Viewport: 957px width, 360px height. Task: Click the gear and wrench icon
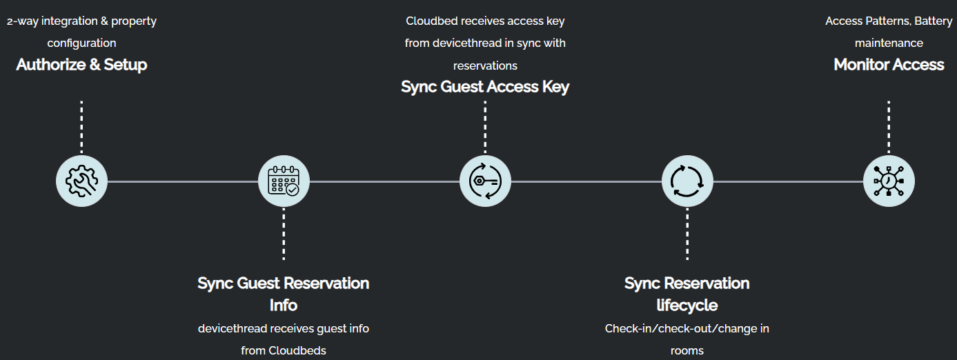tap(81, 181)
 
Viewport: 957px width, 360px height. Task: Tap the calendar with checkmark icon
tap(284, 181)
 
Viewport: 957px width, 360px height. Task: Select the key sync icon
tap(485, 181)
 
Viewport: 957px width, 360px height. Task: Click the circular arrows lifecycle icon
tap(687, 181)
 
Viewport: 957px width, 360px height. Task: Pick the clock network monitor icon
tap(889, 181)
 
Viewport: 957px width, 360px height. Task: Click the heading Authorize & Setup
tap(81, 65)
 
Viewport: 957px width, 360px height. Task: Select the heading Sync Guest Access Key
tap(485, 87)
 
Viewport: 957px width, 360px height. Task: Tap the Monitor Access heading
tap(889, 65)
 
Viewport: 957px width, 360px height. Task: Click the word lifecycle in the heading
tap(687, 305)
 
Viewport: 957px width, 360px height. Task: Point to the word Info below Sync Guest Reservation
tap(284, 305)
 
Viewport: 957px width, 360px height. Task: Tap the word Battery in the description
tap(934, 21)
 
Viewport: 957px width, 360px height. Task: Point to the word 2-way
tap(21, 21)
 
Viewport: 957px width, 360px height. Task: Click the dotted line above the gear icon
tap(81, 127)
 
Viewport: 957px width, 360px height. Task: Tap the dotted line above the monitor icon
tap(889, 127)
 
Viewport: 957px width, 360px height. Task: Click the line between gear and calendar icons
tap(182, 181)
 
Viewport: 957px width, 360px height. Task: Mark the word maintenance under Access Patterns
tap(889, 43)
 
